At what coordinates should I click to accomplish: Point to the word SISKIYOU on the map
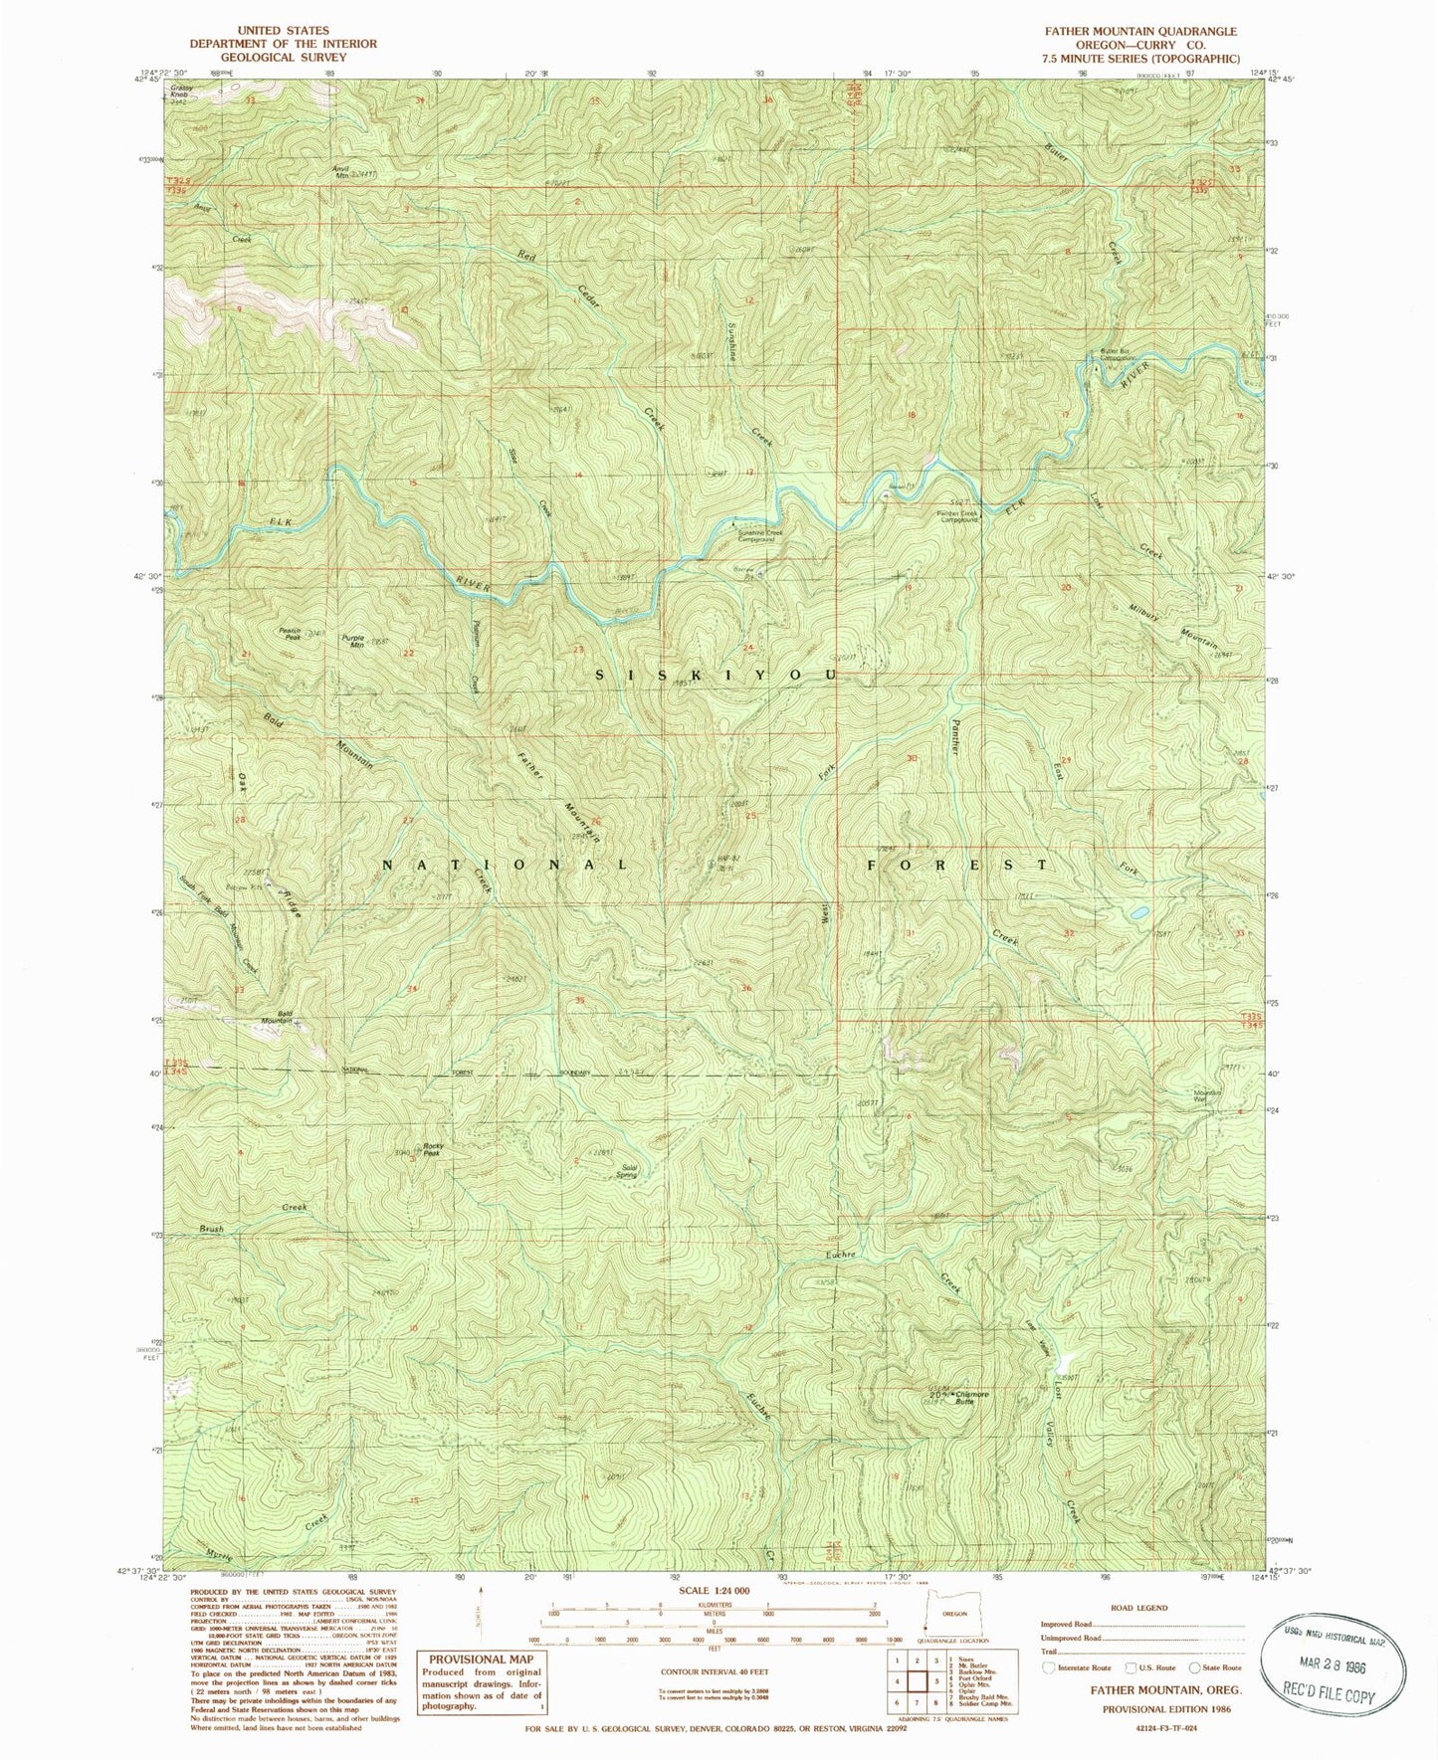[x=718, y=675]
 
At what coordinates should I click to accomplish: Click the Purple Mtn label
[x=352, y=642]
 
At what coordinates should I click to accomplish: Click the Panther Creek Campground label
[x=958, y=517]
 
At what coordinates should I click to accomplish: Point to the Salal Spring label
[x=626, y=1171]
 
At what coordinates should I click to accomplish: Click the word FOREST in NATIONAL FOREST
[x=956, y=865]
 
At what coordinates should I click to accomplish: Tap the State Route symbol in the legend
[x=1195, y=1667]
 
